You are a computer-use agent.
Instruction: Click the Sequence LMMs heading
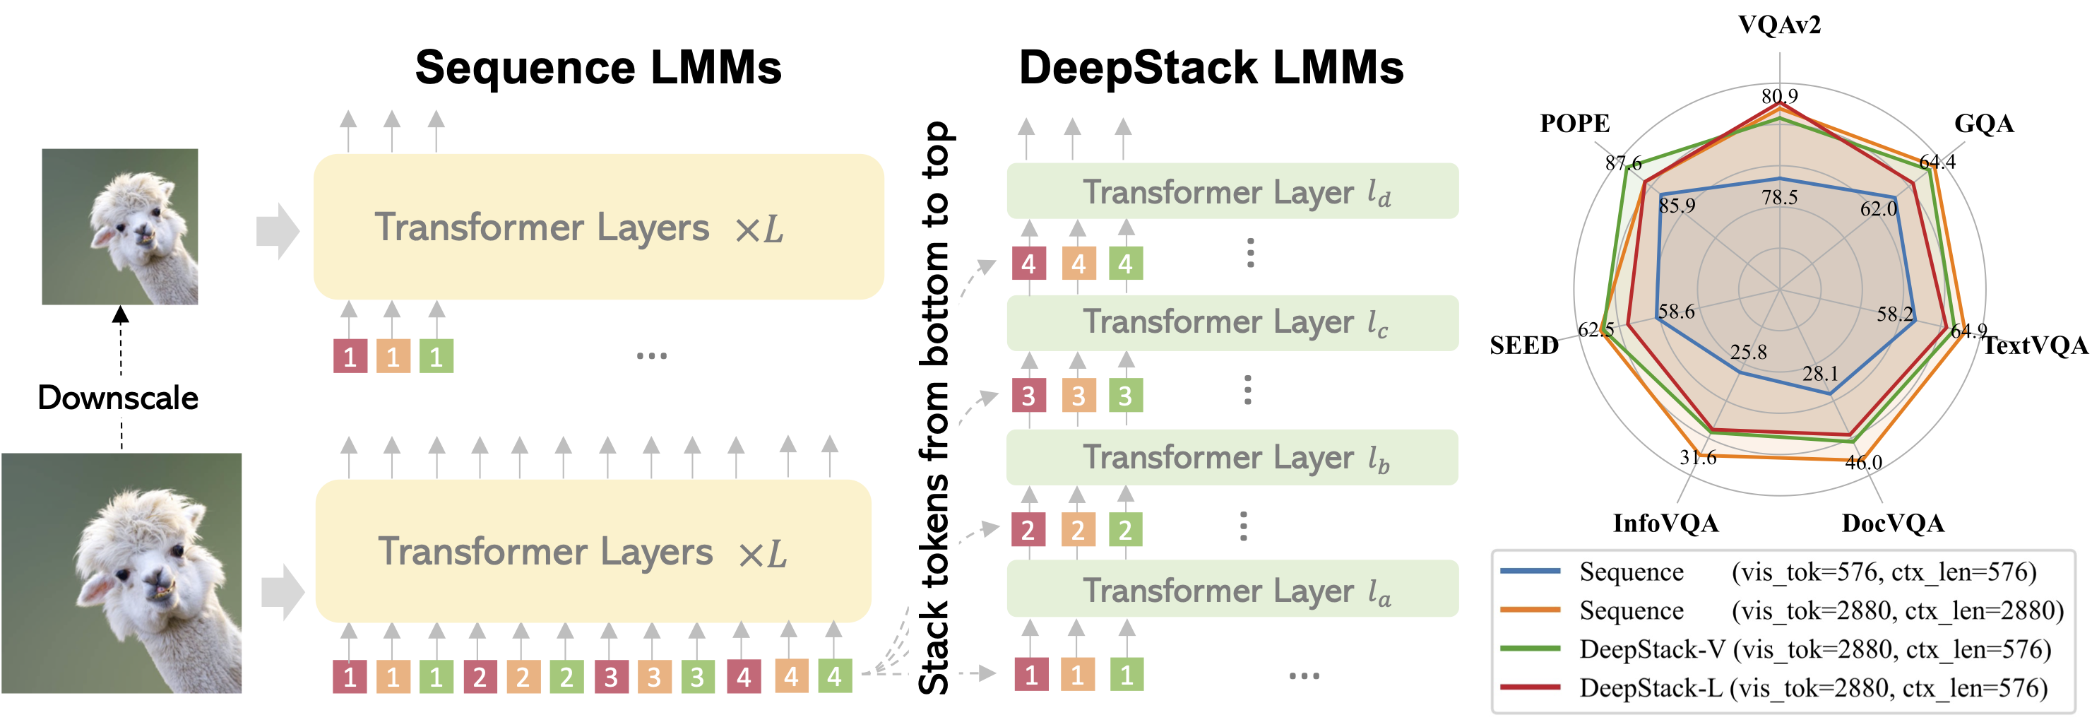pos(598,67)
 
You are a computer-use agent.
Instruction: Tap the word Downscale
pos(118,398)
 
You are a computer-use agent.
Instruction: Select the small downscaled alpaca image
pos(120,227)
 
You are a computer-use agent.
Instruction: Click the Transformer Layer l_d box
pos(1232,191)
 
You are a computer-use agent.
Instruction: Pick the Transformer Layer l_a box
pos(1232,590)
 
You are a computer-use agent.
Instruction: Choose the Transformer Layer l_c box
pos(1232,322)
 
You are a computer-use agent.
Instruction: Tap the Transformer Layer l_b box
pos(1232,457)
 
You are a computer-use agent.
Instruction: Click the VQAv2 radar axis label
pos(1779,25)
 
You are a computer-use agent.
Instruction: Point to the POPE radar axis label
pos(1575,124)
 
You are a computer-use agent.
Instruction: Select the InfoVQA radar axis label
pos(1665,523)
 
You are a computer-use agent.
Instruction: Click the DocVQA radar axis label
pos(1893,523)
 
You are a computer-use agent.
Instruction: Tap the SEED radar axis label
pos(1524,345)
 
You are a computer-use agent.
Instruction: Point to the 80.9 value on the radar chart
pos(1779,96)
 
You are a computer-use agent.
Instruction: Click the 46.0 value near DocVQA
pos(1864,462)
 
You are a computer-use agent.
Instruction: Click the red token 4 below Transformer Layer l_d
pos(1029,264)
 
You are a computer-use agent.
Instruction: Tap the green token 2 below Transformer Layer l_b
pos(1126,530)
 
